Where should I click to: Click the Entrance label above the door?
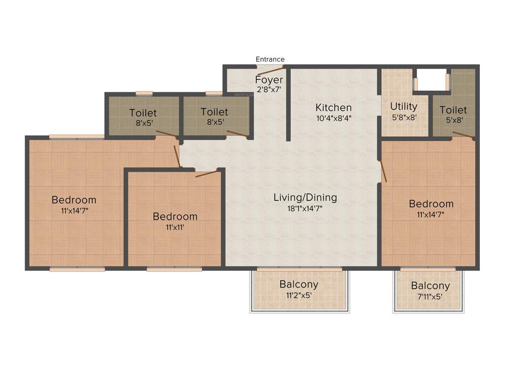[270, 59]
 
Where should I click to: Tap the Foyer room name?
[269, 79]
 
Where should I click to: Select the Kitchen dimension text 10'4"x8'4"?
[333, 118]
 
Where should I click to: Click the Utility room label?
[403, 106]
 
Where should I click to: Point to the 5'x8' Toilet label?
[453, 110]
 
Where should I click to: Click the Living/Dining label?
[305, 197]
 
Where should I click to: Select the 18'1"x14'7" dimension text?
[305, 208]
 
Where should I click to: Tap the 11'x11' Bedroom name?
[175, 216]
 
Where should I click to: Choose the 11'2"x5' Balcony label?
[298, 285]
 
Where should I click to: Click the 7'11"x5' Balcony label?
[430, 286]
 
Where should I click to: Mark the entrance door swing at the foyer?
[270, 70]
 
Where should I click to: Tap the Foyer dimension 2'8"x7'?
[269, 90]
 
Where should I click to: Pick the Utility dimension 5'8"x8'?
[403, 117]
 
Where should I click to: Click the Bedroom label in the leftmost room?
[74, 200]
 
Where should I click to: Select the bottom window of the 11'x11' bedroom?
[174, 269]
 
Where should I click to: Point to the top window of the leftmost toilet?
[144, 92]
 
